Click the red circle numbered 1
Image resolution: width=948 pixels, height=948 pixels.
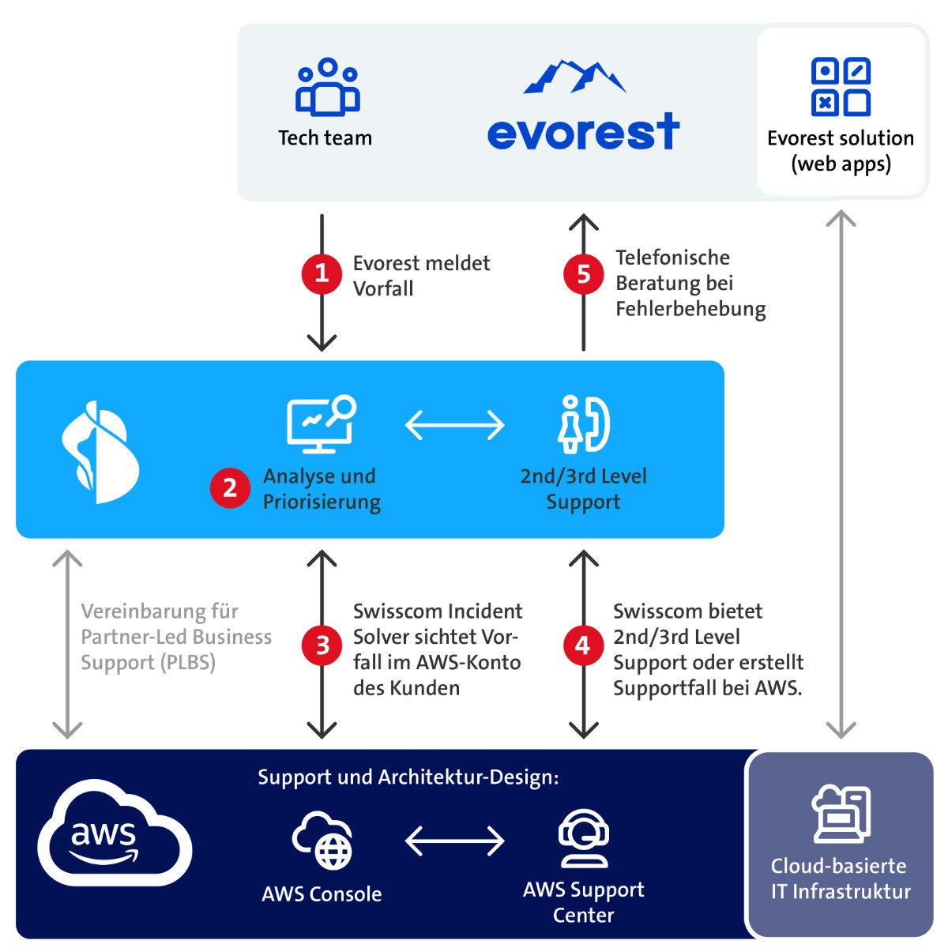[322, 273]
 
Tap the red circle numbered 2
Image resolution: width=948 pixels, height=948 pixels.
[230, 487]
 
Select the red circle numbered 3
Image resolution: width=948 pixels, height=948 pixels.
[322, 645]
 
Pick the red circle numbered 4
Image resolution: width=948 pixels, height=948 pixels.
[583, 645]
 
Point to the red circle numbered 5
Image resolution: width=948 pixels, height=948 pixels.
[583, 274]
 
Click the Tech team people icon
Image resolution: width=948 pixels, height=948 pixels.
[327, 88]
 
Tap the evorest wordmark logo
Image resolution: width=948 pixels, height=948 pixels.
[583, 130]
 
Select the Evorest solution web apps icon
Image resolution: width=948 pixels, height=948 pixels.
[841, 87]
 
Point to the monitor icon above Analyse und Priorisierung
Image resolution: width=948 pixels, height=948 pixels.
[321, 424]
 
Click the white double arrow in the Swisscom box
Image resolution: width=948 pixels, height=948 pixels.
[454, 425]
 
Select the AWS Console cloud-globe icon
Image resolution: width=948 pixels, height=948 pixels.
[323, 841]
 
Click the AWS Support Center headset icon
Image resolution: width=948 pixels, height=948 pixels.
[583, 838]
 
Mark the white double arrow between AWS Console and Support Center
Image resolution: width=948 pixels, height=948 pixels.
[454, 841]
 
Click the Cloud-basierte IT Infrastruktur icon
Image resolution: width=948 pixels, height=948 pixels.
[841, 814]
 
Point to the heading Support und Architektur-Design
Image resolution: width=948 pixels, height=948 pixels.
[408, 777]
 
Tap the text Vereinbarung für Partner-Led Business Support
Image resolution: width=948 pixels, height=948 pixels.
[175, 637]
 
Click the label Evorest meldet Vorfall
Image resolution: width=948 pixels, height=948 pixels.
[420, 276]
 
